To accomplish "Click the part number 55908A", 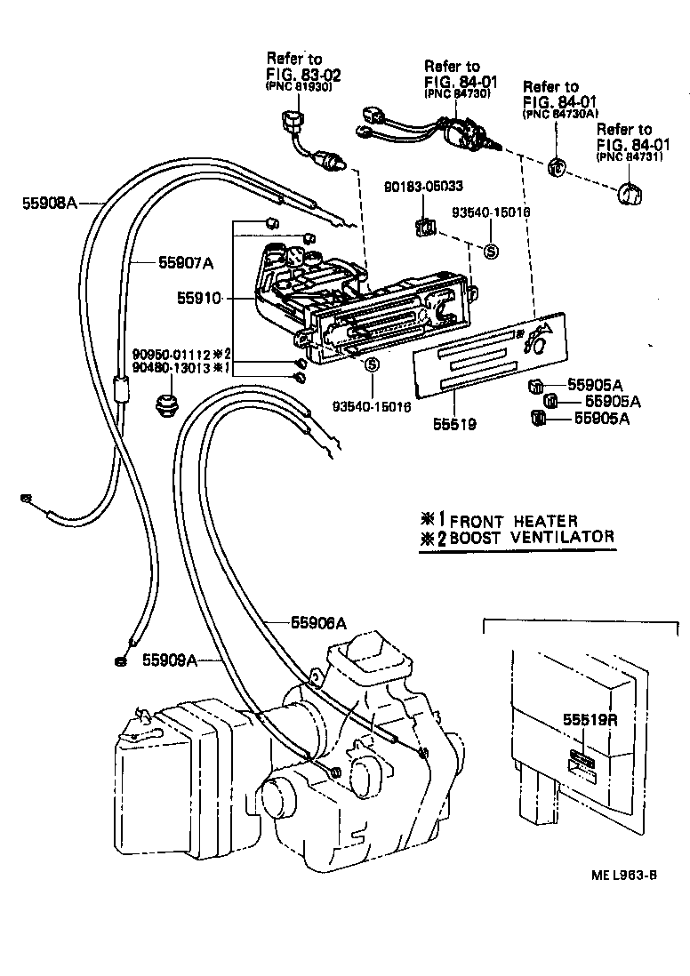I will pyautogui.click(x=50, y=202).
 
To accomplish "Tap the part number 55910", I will pyautogui.click(x=202, y=299).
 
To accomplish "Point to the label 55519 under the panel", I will pyautogui.click(x=455, y=425).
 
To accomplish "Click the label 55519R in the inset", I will pyautogui.click(x=589, y=720).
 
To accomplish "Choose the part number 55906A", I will pyautogui.click(x=317, y=623).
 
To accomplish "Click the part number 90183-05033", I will pyautogui.click(x=424, y=188).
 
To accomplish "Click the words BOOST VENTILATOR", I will pyautogui.click(x=531, y=537).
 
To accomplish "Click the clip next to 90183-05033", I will pyautogui.click(x=425, y=228).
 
